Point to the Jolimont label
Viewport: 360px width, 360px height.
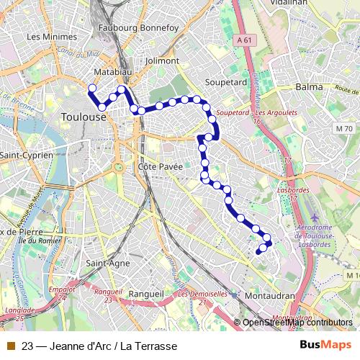[161, 61]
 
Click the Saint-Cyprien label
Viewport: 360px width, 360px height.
[26, 155]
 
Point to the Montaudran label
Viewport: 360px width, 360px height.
[270, 296]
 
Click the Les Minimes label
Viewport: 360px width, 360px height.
[54, 37]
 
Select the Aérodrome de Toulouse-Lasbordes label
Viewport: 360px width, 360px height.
[314, 236]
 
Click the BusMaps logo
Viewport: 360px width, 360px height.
[325, 345]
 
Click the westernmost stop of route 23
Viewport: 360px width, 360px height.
[91, 89]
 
